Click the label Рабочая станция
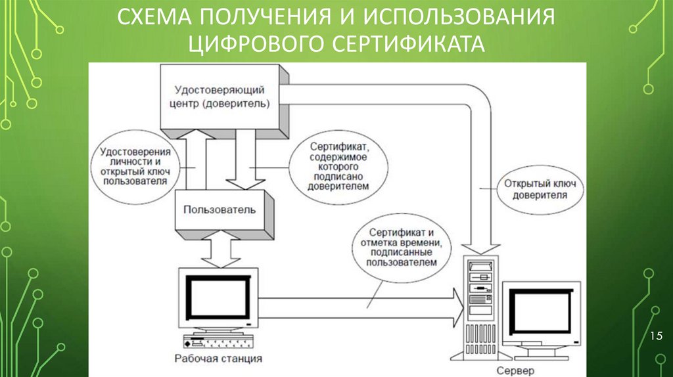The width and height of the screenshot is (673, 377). point(218,359)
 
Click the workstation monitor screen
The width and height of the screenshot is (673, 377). point(218,296)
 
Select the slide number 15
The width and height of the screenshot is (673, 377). point(655,337)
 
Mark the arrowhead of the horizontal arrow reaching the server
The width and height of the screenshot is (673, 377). point(458,308)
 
